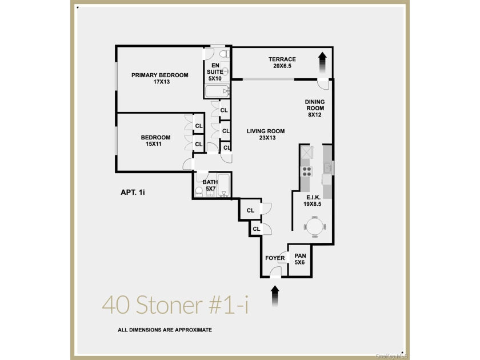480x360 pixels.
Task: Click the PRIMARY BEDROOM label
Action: coord(160,75)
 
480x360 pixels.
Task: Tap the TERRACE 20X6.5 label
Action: coord(282,62)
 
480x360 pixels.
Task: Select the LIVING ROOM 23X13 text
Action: coord(266,134)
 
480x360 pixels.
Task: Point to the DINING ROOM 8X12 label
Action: coord(315,108)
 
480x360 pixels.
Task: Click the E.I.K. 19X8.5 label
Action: coord(313,201)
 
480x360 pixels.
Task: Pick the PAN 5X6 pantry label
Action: coord(300,259)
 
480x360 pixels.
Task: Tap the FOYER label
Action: coord(275,258)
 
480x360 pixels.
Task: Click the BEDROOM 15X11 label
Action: coord(155,141)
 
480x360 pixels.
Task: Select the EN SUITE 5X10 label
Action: coord(215,72)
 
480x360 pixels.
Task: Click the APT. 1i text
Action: coord(133,192)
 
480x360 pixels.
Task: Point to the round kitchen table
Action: coord(315,226)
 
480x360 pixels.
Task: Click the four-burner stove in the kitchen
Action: coord(306,171)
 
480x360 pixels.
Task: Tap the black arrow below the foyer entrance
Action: coord(275,296)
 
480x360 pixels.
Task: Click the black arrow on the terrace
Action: coord(322,62)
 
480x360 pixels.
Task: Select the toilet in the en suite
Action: coord(225,54)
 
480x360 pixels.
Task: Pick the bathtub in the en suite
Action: coord(217,91)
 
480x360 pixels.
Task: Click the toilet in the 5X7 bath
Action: coord(199,191)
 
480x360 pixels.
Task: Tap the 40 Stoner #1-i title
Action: coord(175,305)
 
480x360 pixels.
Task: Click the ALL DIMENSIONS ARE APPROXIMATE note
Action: coord(165,330)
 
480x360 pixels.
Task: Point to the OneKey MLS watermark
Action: coord(391,356)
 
